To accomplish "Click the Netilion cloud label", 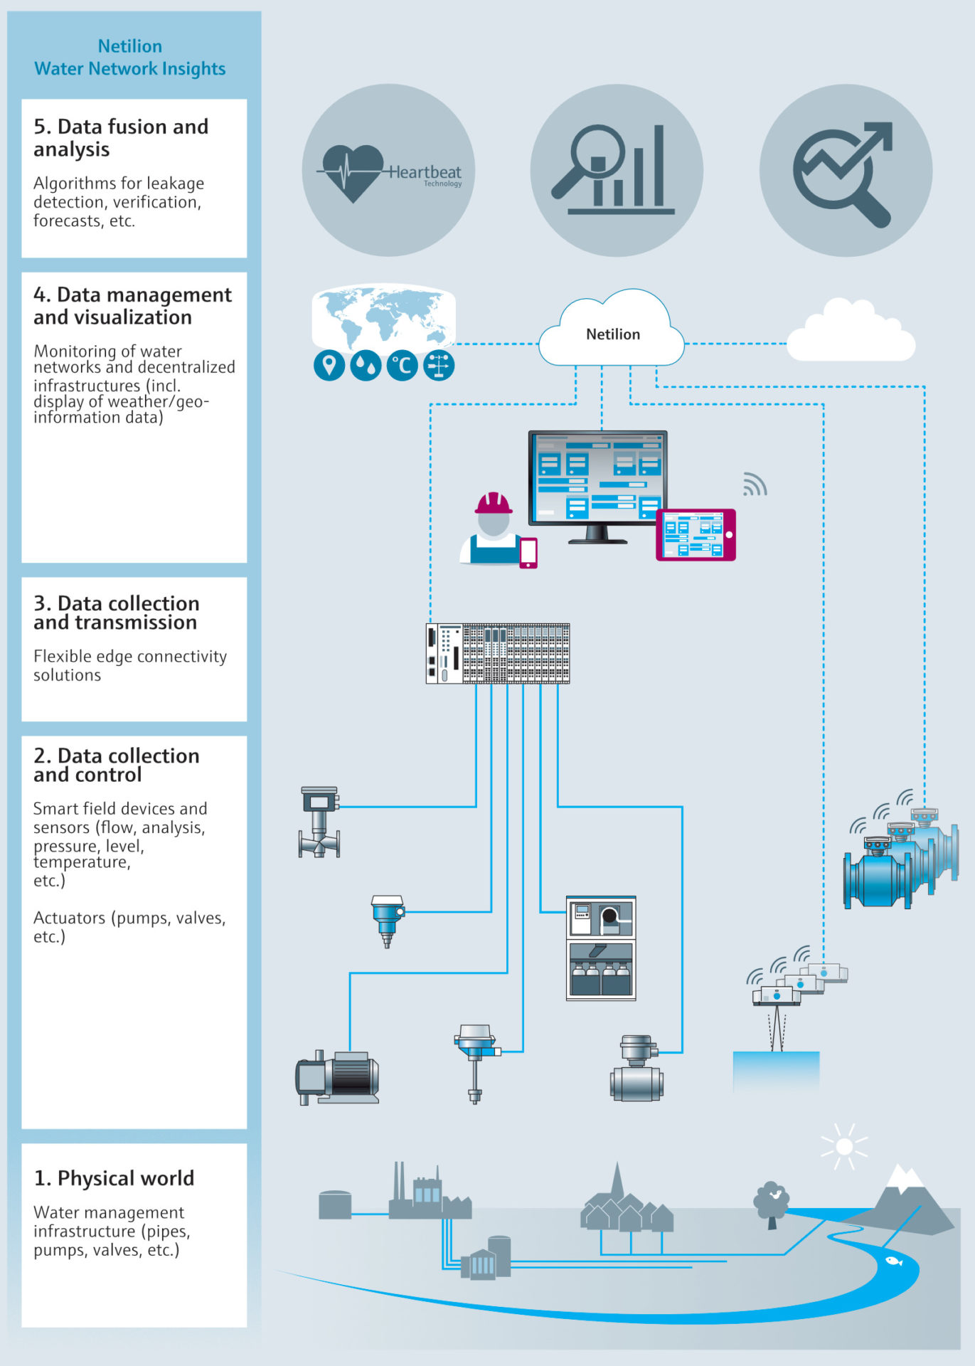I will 612,334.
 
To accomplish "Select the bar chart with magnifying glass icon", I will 616,171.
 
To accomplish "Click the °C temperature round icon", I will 402,366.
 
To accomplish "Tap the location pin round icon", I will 329,366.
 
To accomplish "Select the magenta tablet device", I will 695,534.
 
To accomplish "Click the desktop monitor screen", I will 597,477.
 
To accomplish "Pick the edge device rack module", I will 497,654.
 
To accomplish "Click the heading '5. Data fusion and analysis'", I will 121,138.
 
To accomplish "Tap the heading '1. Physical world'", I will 114,1178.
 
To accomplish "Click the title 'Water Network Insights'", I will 130,69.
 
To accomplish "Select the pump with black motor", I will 337,1077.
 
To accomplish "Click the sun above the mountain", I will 844,1146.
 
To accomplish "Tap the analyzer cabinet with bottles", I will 600,948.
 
